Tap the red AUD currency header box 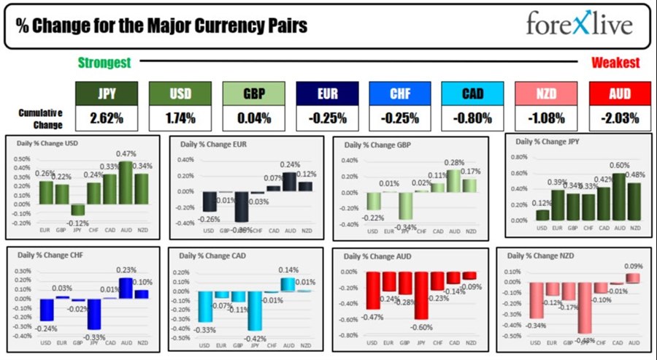point(619,93)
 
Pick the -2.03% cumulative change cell point(619,117)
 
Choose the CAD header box point(473,93)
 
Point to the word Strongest point(104,64)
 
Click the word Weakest point(615,64)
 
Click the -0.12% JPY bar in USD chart point(77,210)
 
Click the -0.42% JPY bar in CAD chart point(255,311)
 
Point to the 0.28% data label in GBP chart point(455,162)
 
